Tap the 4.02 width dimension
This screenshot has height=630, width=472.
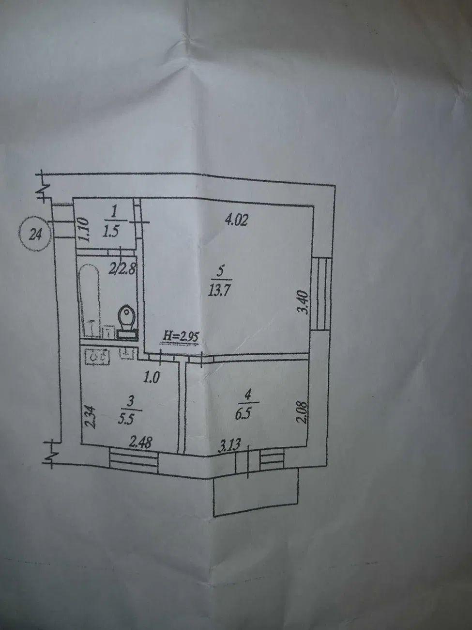pos(237,220)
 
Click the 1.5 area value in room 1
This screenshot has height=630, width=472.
pos(111,232)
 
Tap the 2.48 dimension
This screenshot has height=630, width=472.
pos(139,442)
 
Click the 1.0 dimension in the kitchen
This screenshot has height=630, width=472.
pos(152,377)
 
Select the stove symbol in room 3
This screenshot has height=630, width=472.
pos(97,357)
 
